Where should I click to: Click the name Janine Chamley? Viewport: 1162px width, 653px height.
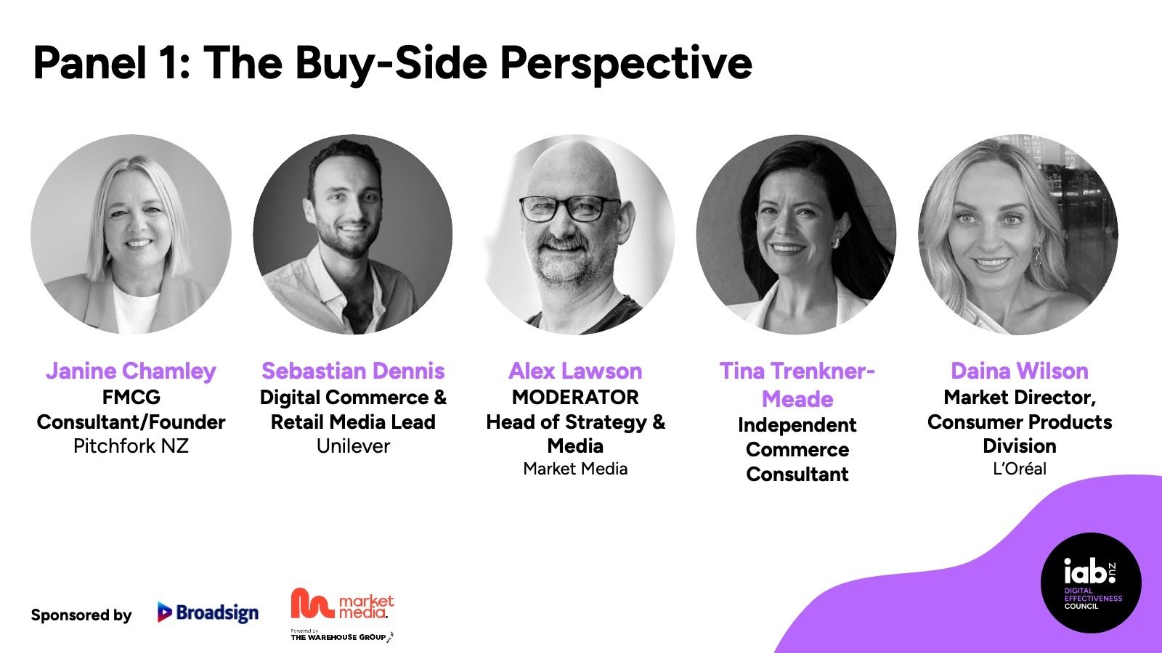[x=131, y=371]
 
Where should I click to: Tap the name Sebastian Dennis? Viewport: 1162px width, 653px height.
[x=353, y=371]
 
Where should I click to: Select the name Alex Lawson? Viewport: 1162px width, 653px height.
[x=575, y=371]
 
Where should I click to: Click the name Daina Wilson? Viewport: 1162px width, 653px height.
[x=1020, y=371]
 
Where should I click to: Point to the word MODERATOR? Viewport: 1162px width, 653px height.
[x=575, y=398]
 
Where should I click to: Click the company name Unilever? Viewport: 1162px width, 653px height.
[x=353, y=446]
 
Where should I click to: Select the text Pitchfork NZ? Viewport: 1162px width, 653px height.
[x=131, y=446]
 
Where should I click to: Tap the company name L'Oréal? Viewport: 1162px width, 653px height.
[x=1020, y=469]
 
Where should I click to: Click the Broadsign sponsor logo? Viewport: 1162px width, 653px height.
[x=208, y=612]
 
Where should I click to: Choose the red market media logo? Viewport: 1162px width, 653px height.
[x=342, y=604]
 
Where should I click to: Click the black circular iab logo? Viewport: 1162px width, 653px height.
[x=1090, y=583]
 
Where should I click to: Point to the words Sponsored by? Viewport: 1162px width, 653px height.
[x=81, y=615]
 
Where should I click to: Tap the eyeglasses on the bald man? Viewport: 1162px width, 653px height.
[x=570, y=208]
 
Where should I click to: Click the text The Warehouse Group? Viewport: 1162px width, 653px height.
[x=338, y=638]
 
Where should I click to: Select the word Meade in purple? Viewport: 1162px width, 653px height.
[x=797, y=400]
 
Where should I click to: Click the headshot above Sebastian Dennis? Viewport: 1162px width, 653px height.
[x=353, y=234]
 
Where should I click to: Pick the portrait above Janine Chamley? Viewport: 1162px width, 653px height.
[x=131, y=234]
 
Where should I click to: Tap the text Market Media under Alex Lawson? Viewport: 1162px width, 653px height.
[x=575, y=469]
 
